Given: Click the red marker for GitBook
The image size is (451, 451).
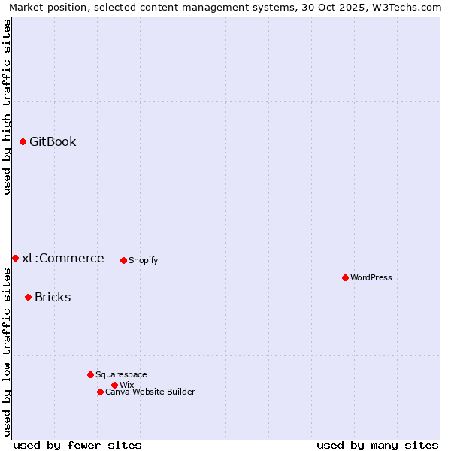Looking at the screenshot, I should [23, 141].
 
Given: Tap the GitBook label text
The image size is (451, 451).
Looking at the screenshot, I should [53, 141].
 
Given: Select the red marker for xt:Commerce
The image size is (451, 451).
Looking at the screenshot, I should [15, 258].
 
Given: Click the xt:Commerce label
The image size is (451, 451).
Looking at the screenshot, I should [63, 258].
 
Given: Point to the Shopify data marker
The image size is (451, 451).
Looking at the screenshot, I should [123, 260].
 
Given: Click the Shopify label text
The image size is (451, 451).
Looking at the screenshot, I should [143, 260].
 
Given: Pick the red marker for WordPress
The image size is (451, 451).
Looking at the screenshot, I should [345, 277].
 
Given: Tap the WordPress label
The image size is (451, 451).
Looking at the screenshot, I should [371, 277].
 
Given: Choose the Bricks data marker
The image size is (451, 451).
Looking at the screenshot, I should [28, 297].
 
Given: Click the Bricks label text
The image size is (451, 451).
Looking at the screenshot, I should [53, 297].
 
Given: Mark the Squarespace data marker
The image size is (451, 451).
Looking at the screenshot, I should [90, 374].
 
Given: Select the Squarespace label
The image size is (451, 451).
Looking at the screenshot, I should [121, 374].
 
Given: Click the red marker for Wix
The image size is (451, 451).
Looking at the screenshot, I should [114, 385].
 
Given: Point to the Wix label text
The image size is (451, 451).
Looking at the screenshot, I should [126, 385].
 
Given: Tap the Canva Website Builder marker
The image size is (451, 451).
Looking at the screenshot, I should [100, 392].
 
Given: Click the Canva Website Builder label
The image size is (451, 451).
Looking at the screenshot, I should [150, 392].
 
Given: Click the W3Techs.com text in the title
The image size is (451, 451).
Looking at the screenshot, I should [410, 7].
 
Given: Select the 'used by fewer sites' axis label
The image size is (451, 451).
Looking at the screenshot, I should [77, 445].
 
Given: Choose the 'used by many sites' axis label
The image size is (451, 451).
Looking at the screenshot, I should [377, 445].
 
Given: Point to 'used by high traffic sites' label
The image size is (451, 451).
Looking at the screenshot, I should [7, 107].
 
